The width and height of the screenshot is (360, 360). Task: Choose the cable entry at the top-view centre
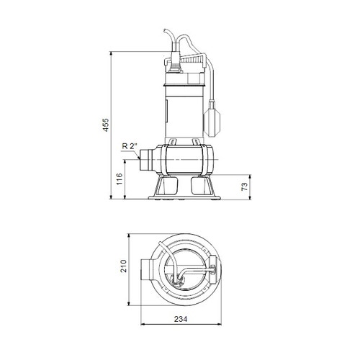pos(180,272)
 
